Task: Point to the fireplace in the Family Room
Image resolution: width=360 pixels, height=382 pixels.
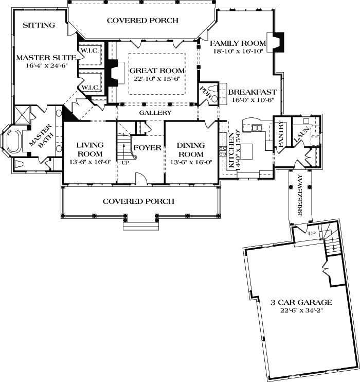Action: (277, 43)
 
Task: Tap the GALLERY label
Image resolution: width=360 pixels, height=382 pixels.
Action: (156, 113)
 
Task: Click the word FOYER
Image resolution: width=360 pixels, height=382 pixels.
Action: (148, 148)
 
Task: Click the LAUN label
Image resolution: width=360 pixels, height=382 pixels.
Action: (298, 135)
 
